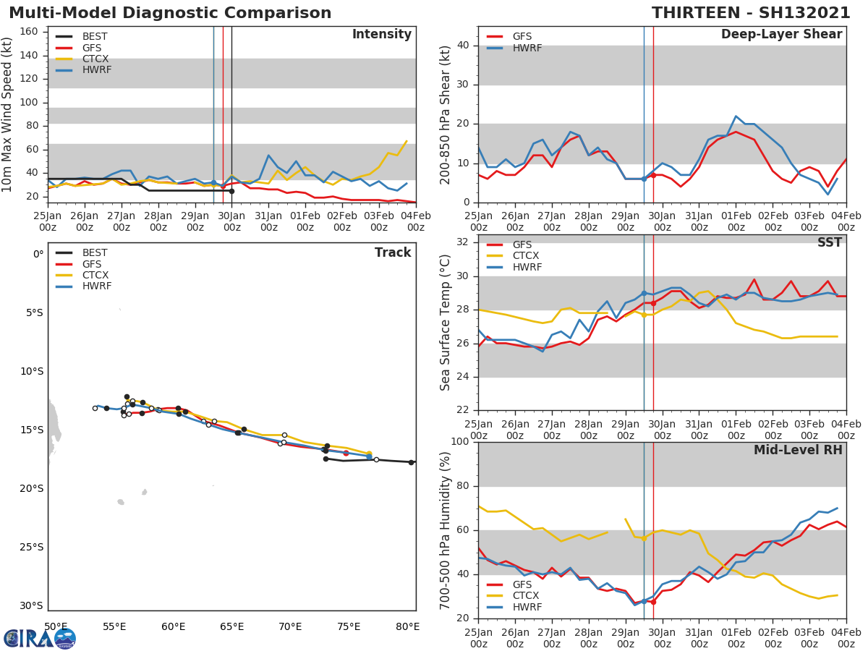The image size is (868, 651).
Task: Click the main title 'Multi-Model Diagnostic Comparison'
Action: pos(170,13)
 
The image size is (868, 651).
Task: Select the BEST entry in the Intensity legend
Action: pos(95,36)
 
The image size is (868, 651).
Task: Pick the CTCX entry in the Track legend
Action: pos(95,276)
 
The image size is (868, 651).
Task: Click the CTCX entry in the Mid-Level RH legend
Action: pos(526,596)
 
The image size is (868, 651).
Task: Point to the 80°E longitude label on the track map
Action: pos(407,626)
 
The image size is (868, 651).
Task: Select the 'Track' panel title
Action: pos(393,252)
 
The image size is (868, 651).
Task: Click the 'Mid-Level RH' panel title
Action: pos(798,450)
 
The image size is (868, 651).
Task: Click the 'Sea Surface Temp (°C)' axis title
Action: pos(446,322)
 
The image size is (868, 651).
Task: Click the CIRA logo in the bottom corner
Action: pos(39,638)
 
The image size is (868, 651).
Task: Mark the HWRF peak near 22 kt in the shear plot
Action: pos(736,116)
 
